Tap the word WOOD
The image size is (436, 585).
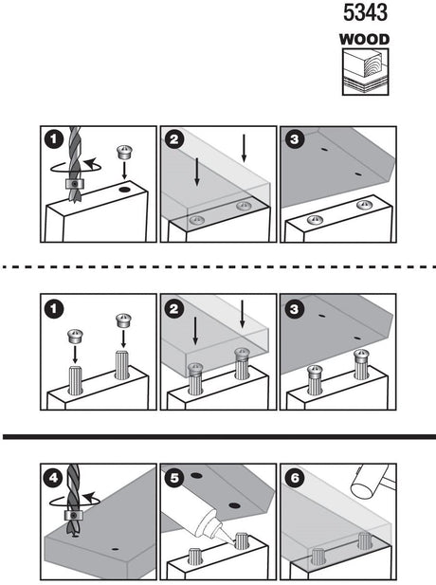coord(365,40)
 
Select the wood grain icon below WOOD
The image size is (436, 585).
coord(365,72)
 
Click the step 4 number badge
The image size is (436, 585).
coord(56,478)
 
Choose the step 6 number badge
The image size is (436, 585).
coord(295,478)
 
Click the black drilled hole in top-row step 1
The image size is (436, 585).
coord(125,190)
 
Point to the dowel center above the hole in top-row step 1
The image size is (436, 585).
coord(122,152)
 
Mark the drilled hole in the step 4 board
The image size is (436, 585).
coord(115,549)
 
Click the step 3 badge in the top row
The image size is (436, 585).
coord(295,139)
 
